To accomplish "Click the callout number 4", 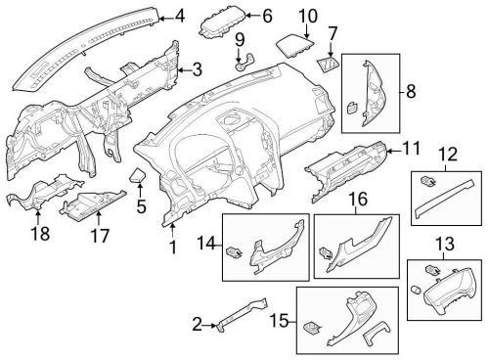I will [x=179, y=15].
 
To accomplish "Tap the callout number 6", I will [x=267, y=16].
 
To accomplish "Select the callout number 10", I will [x=306, y=16].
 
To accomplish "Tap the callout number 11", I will [x=411, y=149].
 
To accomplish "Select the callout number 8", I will [x=410, y=92].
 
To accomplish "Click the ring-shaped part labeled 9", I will [x=243, y=65].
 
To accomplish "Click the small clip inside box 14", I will [x=235, y=250].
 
